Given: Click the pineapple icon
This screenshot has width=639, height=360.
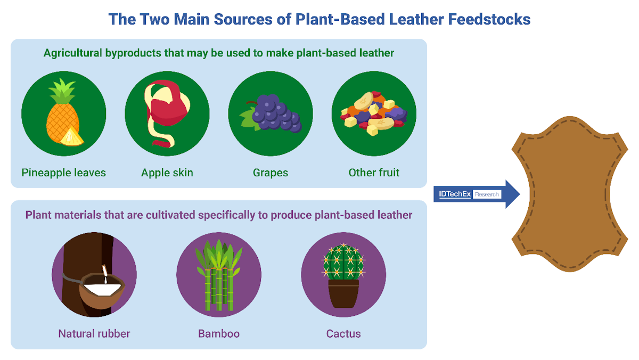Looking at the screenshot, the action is coord(63,113).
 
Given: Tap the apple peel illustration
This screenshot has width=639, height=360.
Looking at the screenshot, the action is coord(167,113).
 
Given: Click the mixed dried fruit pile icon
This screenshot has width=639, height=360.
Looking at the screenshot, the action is coord(374,113).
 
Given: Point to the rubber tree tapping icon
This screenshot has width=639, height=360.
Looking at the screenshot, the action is coord(94,274).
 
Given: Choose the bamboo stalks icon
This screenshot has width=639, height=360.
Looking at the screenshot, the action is coord(219,275).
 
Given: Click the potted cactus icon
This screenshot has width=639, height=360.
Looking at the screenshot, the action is coord(343,275).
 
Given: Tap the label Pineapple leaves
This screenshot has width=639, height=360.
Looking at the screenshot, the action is coord(63,173).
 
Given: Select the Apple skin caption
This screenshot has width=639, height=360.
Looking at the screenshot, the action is coord(167,173).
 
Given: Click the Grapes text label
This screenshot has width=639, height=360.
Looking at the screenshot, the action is coord(271,173).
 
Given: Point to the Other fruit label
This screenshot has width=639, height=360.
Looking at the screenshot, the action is coord(374,173).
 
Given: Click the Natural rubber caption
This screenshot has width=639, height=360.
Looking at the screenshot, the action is coord(94,333).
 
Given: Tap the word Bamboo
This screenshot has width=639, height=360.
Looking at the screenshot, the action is coord(219,333).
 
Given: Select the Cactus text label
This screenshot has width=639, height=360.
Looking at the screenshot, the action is coord(343,333).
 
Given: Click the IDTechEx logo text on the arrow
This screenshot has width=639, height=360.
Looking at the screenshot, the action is coord(455,194).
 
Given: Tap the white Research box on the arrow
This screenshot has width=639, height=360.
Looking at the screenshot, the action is coord(487,194).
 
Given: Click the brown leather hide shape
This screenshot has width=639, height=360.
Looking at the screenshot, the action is coord(570,194).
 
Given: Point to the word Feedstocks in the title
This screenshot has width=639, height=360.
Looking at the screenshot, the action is coord(489,19).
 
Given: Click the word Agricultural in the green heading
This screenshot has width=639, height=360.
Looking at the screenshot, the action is coord(73,53).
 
